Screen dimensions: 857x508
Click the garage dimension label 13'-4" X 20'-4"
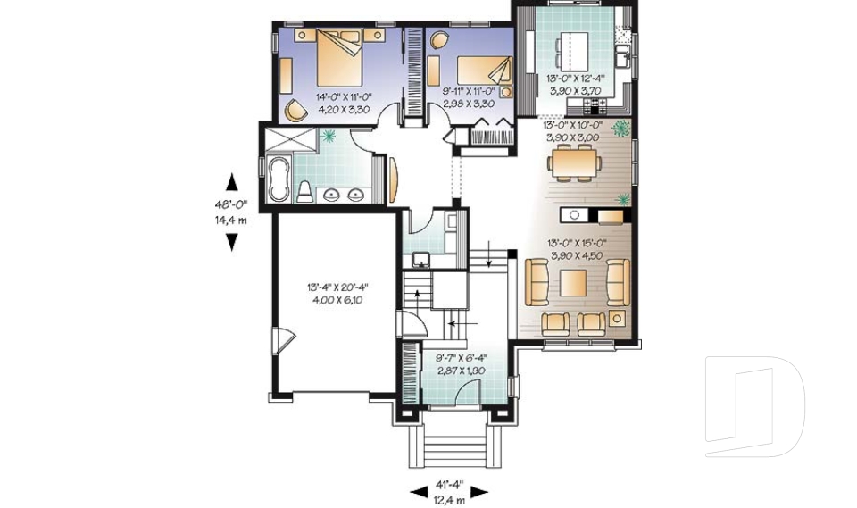[337, 287]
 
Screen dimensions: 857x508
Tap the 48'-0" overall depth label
[230, 205]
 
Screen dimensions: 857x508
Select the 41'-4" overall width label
[449, 484]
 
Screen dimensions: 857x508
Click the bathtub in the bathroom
[279, 179]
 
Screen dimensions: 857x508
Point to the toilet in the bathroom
[305, 192]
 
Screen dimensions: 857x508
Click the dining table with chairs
[574, 162]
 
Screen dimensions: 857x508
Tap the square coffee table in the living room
[573, 283]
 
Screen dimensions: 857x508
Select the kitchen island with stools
[572, 50]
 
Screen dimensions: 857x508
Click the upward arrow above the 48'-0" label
[232, 182]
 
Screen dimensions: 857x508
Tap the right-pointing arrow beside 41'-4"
[478, 492]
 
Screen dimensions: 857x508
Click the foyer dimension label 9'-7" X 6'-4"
[462, 359]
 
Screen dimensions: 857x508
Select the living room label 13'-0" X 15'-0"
[578, 244]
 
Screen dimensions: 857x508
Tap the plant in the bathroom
[329, 136]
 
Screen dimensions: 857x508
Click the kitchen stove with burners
[595, 103]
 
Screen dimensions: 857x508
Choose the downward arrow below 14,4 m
[232, 242]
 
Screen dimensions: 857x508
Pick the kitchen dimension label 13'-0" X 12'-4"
[576, 79]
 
